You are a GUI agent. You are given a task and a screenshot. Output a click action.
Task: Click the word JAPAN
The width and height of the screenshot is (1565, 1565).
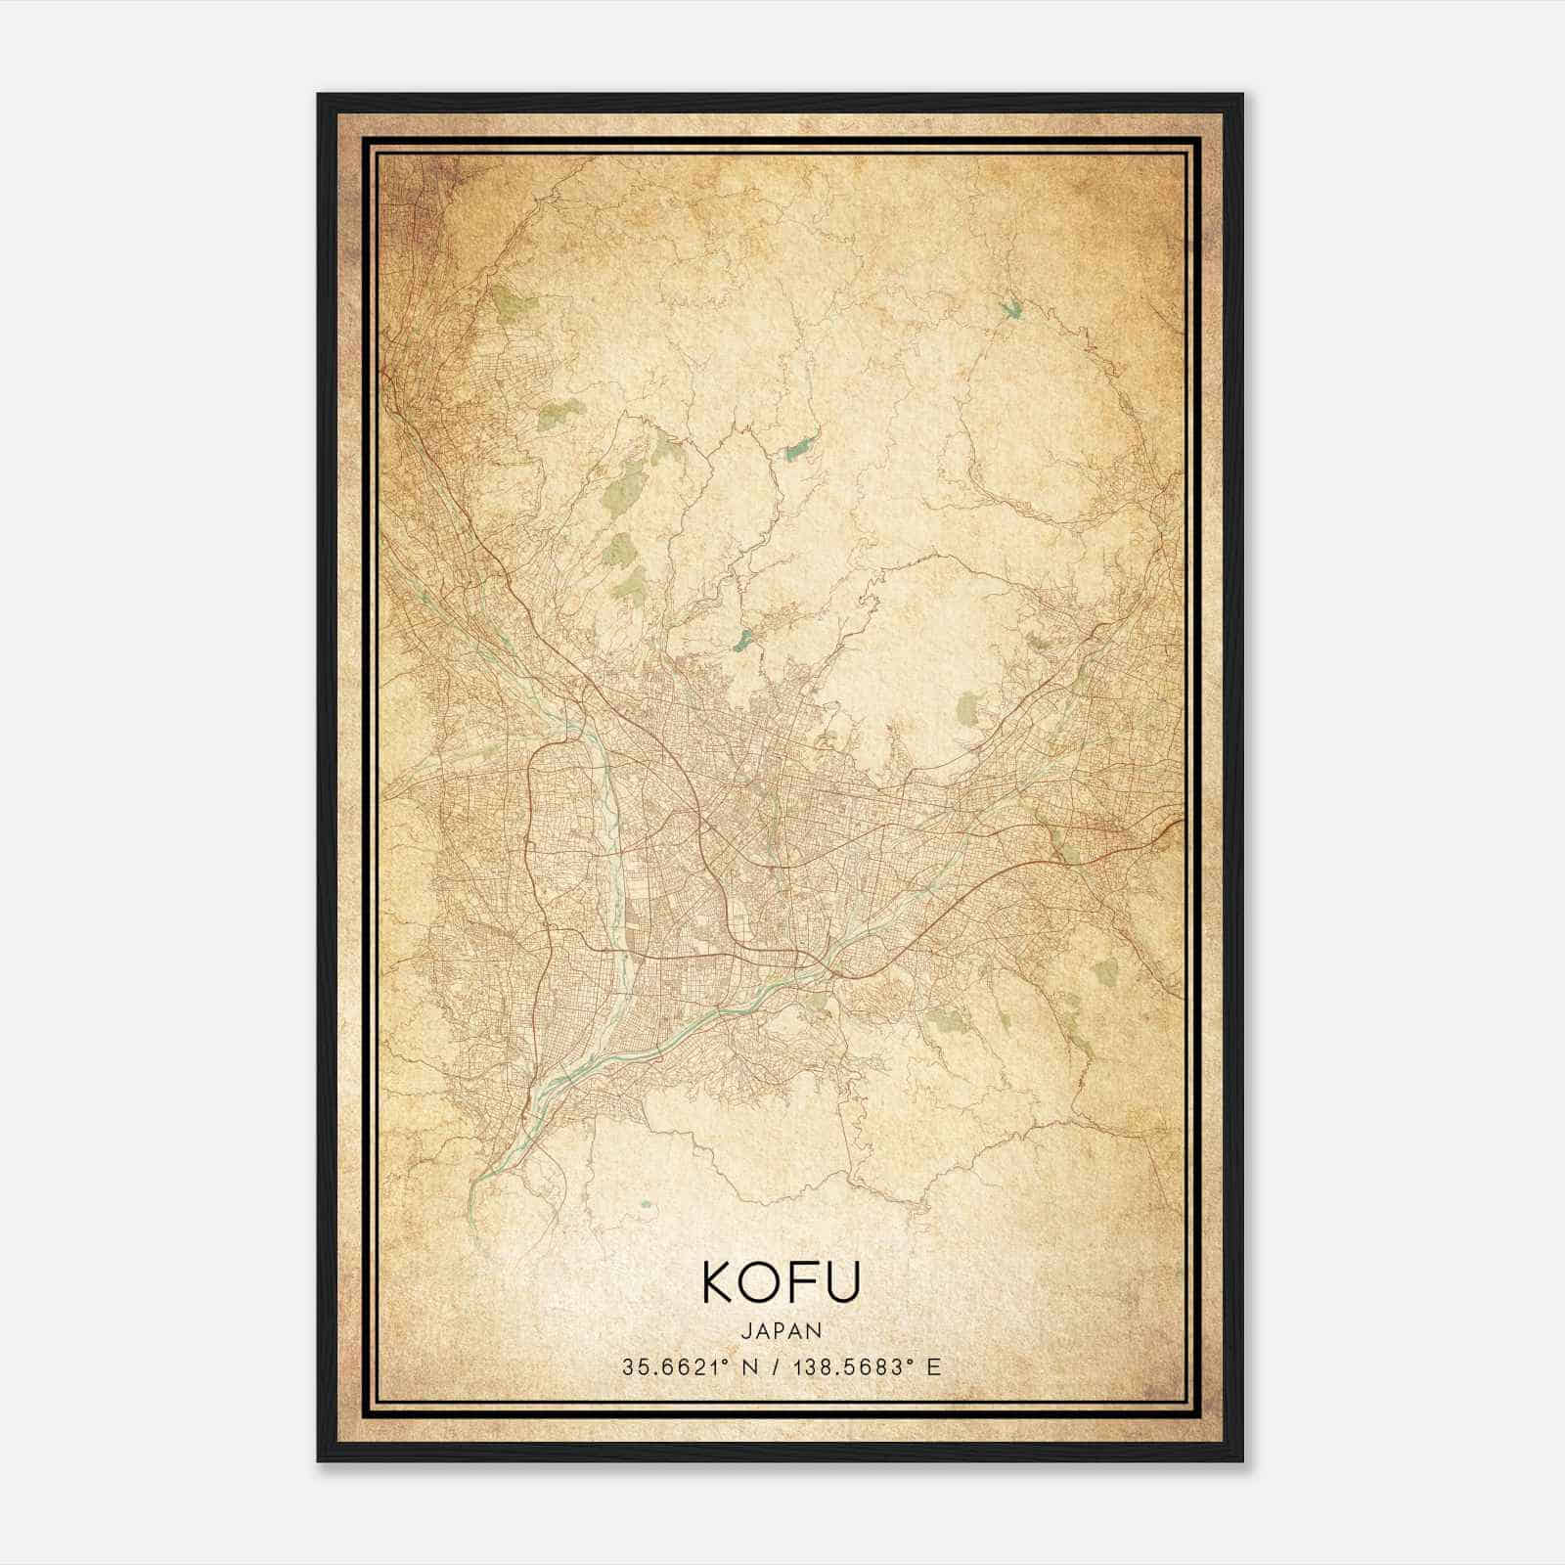[781, 1330]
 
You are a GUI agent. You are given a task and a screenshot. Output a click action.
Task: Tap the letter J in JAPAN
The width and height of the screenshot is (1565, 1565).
[747, 1330]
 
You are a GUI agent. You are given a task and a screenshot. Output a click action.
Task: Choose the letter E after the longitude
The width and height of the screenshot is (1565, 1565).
[934, 1367]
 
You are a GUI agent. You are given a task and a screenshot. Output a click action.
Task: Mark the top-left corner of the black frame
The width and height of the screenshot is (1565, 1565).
[318, 95]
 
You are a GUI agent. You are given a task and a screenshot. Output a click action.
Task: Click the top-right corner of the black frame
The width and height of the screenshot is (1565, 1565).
[1242, 95]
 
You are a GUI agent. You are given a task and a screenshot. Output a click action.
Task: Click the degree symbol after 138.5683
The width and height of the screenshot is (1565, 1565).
[913, 1362]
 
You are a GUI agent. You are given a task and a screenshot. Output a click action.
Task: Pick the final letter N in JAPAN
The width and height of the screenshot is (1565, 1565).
[815, 1330]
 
